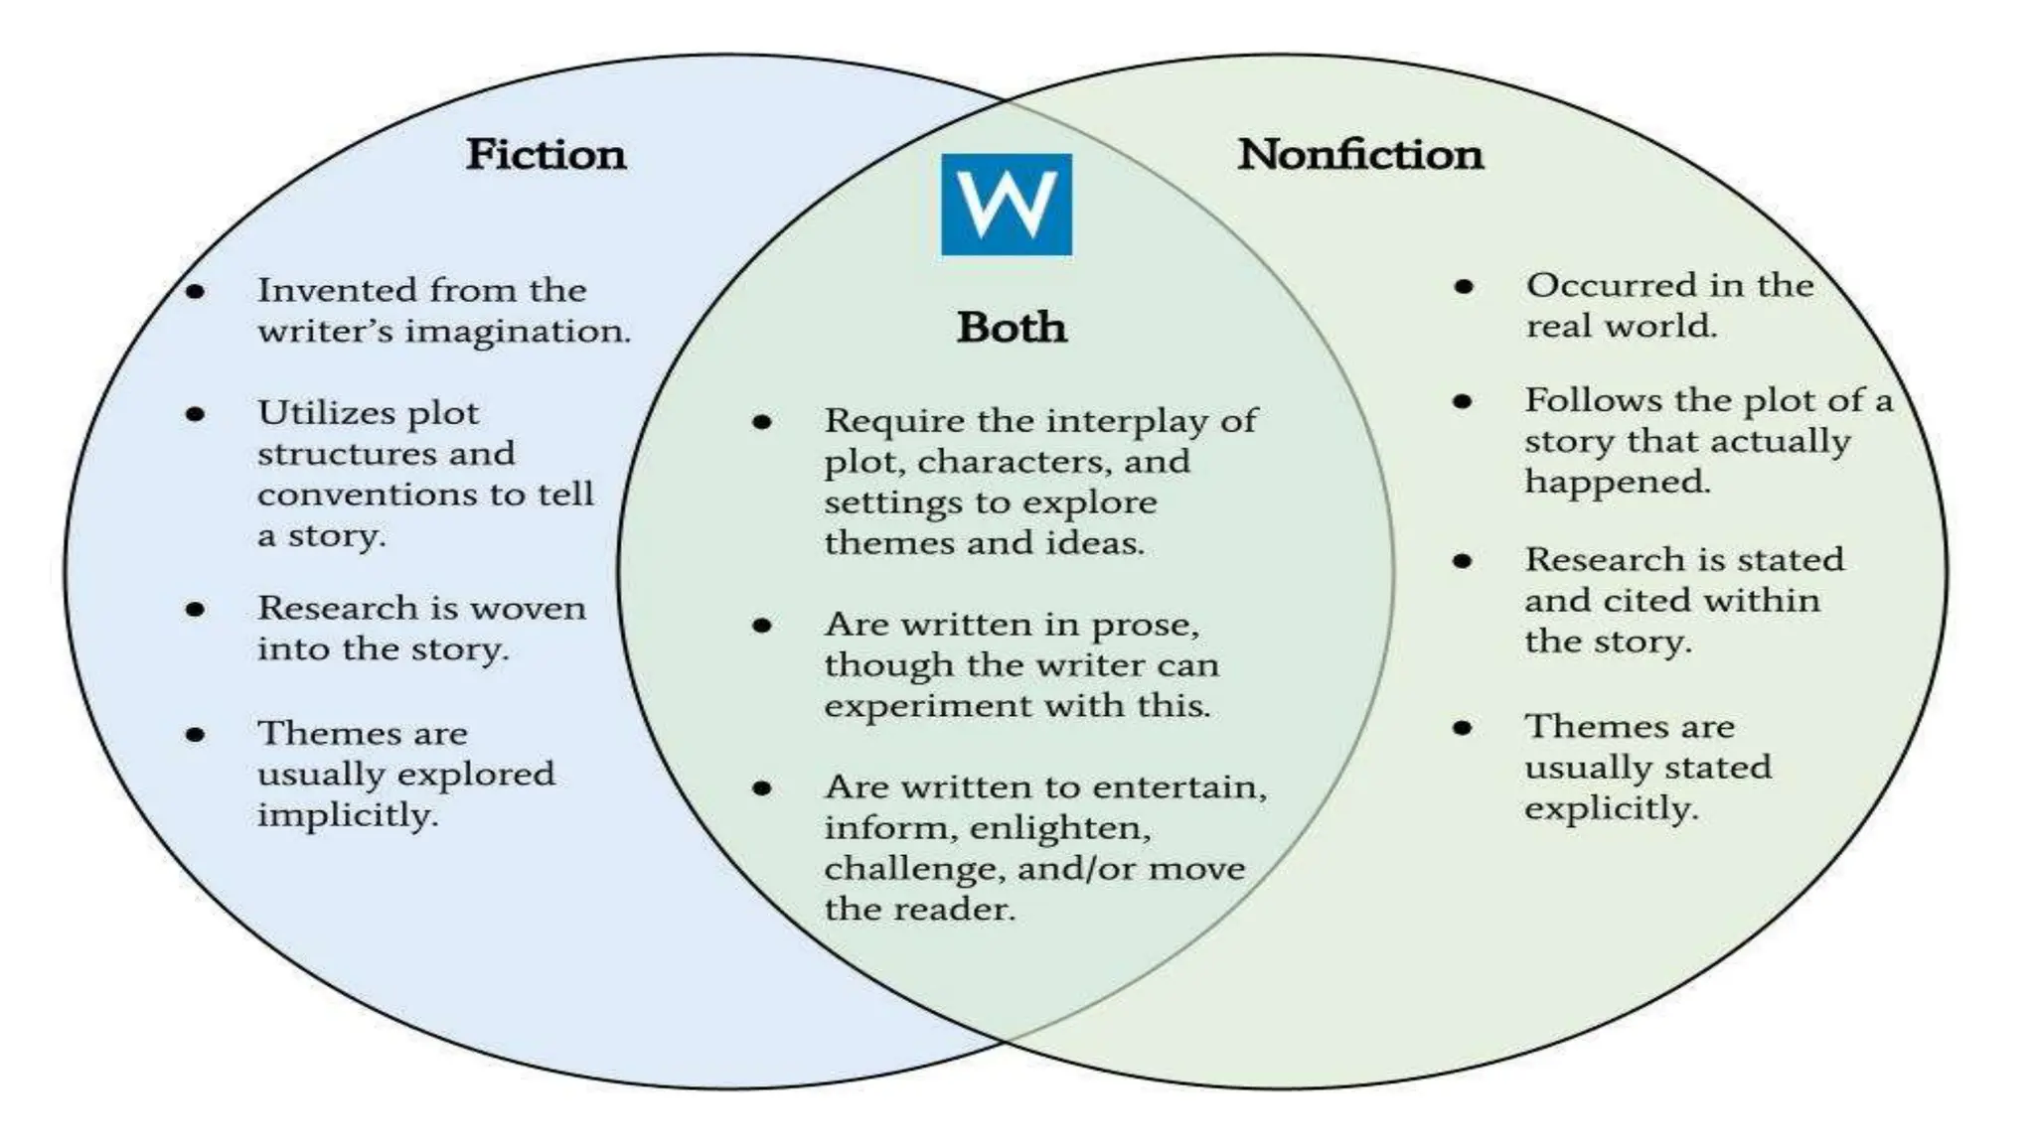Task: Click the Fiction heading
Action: coord(546,155)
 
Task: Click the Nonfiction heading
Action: coord(1359,155)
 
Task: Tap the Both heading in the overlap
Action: coord(1012,328)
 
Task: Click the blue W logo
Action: coord(1006,205)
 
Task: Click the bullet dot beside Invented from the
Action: coord(196,291)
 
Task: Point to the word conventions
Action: coord(368,495)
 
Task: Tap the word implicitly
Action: coord(347,815)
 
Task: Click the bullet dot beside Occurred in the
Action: coord(1463,287)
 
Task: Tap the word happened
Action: coord(1617,482)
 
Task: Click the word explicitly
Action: coord(1611,808)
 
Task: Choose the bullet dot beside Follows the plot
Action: coord(1462,401)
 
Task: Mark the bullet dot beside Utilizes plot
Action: coord(196,414)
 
